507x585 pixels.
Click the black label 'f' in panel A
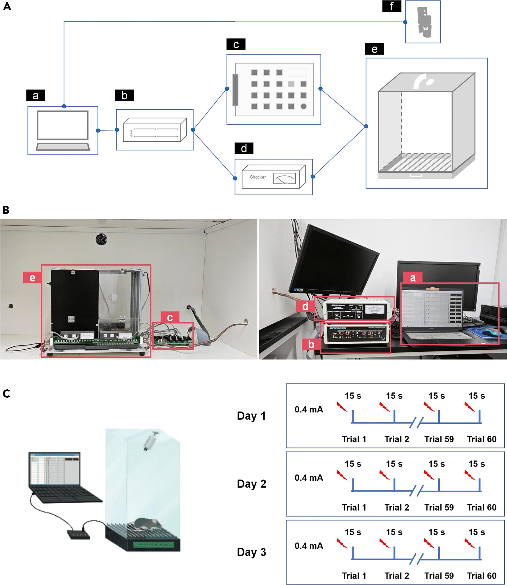[x=391, y=6]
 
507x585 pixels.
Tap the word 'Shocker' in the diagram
[x=257, y=177]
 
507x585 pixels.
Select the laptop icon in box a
[x=63, y=131]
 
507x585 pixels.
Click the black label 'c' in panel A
[x=236, y=44]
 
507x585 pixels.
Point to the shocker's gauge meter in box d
[x=284, y=179]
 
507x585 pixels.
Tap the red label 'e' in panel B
[x=32, y=277]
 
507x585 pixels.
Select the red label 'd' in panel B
[x=305, y=306]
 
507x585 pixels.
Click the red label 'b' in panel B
[x=311, y=344]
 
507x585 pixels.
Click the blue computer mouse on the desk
[x=491, y=332]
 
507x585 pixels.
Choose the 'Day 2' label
[x=251, y=484]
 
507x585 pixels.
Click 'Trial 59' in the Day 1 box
[x=439, y=439]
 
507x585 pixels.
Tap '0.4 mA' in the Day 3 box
[x=309, y=546]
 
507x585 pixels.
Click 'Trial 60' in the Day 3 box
[x=482, y=576]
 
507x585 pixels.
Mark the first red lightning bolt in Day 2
[x=342, y=475]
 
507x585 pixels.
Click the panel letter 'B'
[x=6, y=210]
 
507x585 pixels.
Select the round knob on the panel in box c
[x=304, y=106]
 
